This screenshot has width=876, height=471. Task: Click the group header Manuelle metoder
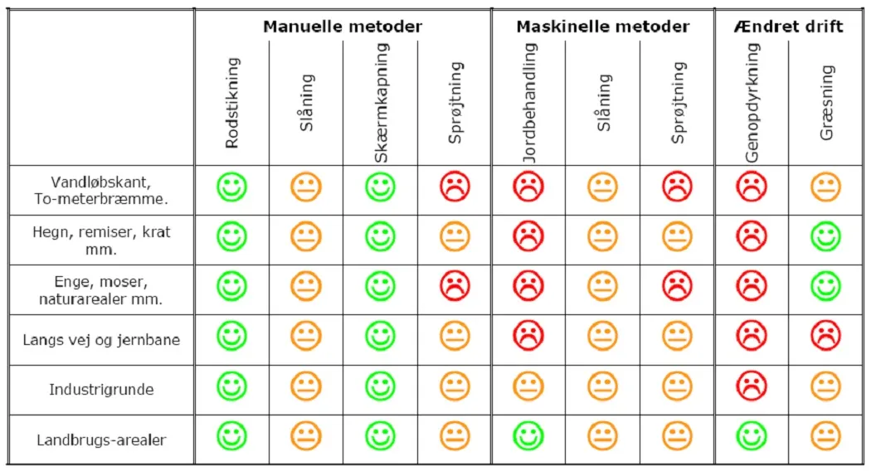(x=343, y=27)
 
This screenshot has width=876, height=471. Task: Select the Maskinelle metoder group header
(x=602, y=27)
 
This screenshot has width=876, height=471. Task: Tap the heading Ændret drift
(x=788, y=27)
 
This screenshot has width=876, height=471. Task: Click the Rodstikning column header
(x=232, y=103)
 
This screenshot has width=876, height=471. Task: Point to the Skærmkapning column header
(x=381, y=103)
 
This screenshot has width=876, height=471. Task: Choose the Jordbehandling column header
(x=529, y=103)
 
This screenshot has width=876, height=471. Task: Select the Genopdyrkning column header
(x=752, y=103)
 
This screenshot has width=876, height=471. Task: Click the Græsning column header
(x=826, y=103)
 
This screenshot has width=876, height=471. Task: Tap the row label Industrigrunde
(x=101, y=390)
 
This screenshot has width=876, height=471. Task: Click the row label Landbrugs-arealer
(x=101, y=440)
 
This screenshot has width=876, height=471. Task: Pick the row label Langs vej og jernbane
(x=101, y=340)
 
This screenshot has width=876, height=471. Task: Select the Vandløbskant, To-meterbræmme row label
(x=101, y=191)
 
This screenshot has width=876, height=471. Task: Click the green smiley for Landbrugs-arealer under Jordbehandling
(x=528, y=436)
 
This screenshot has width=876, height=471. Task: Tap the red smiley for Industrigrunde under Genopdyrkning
(x=752, y=386)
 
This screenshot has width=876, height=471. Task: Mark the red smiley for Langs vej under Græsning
(x=825, y=337)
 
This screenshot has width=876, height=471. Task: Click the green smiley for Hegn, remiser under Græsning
(x=825, y=237)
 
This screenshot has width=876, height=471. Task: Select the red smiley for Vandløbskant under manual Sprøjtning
(x=455, y=187)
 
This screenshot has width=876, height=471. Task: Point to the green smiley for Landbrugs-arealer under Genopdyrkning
(x=752, y=436)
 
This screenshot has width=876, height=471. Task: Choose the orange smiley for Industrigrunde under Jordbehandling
(x=528, y=386)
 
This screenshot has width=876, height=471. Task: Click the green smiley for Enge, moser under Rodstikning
(x=232, y=287)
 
